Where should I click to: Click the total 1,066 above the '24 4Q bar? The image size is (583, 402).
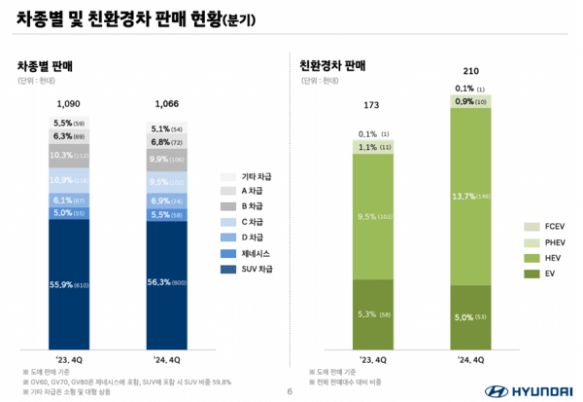[x=167, y=103]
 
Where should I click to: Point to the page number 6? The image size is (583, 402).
[x=291, y=391]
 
